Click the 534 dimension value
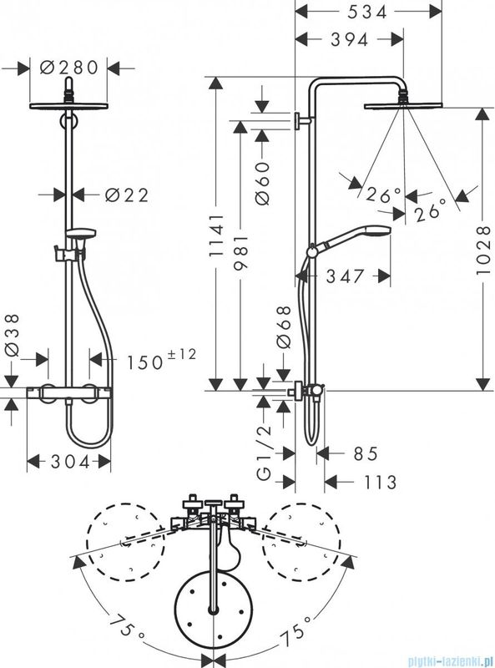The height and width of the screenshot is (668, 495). [366, 12]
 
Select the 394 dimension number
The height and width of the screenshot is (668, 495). [350, 39]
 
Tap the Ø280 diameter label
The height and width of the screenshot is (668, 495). [69, 68]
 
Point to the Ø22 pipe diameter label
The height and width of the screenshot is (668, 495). [127, 195]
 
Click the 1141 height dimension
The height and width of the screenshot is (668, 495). [216, 235]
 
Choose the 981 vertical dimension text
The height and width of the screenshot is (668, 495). [240, 252]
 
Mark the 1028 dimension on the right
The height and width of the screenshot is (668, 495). [484, 250]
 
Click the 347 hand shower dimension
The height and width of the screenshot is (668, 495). [345, 276]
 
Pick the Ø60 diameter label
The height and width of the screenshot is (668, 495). [262, 183]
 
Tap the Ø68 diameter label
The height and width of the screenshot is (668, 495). [283, 326]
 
